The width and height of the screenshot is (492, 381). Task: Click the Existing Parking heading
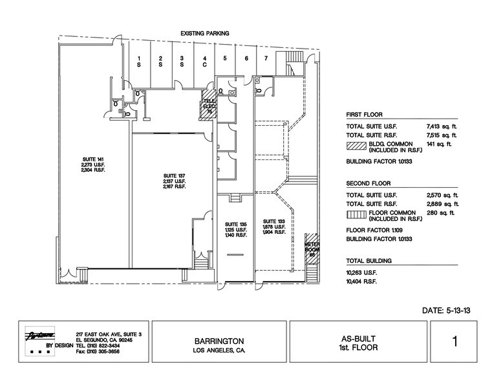[x=205, y=33]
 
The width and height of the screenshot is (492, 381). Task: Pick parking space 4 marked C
[x=204, y=62]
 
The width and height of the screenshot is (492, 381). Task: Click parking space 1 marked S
[x=139, y=62]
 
